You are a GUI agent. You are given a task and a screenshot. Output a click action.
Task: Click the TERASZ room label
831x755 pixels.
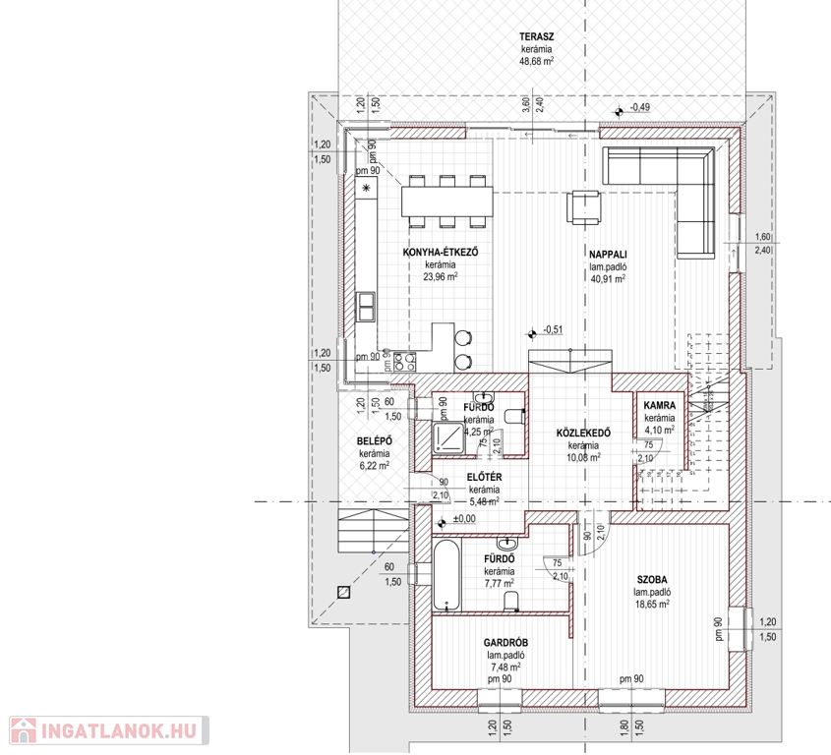point(536,37)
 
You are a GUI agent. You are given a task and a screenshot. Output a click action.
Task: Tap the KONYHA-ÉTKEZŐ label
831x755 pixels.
point(441,253)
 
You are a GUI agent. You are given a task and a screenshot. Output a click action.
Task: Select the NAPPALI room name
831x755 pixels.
point(608,255)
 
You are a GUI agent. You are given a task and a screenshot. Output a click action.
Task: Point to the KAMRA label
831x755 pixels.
point(659,405)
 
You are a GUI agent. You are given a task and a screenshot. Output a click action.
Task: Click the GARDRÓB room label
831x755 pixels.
point(505,643)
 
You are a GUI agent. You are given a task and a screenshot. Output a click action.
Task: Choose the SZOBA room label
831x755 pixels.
point(652,580)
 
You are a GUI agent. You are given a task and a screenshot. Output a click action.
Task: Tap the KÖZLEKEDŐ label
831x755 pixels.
point(583,433)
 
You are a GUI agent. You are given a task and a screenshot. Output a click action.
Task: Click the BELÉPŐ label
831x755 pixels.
point(374,441)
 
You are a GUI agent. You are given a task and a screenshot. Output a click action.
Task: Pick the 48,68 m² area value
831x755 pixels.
point(536,61)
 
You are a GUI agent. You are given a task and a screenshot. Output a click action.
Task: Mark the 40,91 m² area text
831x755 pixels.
point(608,278)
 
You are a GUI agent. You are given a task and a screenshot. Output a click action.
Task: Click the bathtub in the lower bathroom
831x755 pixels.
point(446,575)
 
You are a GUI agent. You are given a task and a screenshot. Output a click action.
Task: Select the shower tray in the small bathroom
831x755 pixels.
point(448,437)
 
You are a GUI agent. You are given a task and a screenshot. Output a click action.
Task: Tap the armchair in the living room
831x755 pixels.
point(584,207)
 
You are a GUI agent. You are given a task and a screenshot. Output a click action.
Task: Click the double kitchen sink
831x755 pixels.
point(366,307)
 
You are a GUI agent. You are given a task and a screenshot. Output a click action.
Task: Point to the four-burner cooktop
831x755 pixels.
point(404,362)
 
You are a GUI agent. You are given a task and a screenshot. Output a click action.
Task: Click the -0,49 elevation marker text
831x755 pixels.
point(639,107)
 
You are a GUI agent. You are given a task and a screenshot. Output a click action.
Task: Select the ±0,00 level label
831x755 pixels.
point(464,519)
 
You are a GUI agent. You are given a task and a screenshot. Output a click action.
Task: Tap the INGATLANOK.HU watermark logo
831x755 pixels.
point(109,730)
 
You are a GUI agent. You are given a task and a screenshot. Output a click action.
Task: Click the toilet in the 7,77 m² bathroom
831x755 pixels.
point(511,601)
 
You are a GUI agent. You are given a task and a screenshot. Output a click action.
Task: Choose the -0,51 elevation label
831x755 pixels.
point(553,329)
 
